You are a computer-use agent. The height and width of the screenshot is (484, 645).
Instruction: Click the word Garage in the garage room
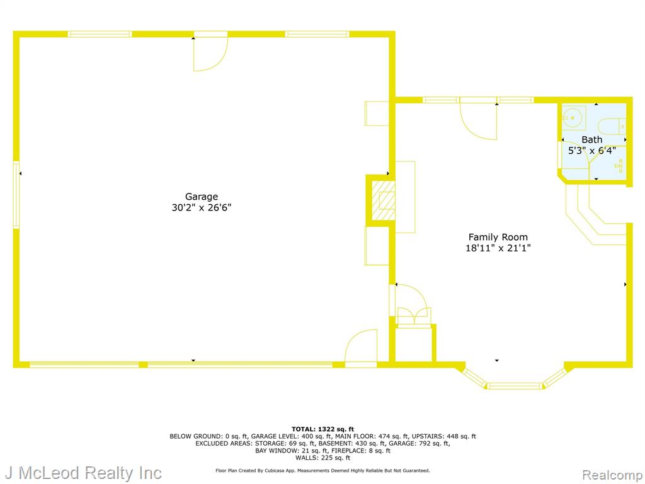click(x=201, y=197)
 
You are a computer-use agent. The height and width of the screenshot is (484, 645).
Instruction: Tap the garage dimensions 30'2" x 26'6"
click(x=201, y=207)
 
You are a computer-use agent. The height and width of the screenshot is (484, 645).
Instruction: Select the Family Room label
click(x=498, y=238)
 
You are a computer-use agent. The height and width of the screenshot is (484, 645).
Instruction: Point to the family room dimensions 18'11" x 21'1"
click(x=498, y=248)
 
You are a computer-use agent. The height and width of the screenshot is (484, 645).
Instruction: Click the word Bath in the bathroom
click(x=592, y=140)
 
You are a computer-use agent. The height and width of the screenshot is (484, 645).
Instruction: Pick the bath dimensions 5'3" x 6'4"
click(x=592, y=151)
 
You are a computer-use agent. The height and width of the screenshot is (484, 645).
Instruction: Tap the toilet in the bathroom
click(x=612, y=126)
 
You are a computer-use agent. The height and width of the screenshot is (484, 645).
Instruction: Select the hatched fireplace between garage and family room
click(x=383, y=200)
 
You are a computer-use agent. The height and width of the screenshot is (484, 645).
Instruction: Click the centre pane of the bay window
click(x=515, y=386)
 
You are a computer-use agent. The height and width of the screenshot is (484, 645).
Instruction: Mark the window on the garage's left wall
click(x=16, y=195)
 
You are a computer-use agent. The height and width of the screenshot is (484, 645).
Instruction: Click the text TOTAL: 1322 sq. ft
click(x=322, y=429)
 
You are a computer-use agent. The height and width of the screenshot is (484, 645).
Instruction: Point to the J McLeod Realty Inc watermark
click(x=82, y=473)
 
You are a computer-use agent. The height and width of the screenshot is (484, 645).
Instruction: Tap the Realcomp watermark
click(x=613, y=475)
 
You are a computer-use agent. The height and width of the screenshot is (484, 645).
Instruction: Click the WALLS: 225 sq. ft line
click(x=322, y=458)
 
